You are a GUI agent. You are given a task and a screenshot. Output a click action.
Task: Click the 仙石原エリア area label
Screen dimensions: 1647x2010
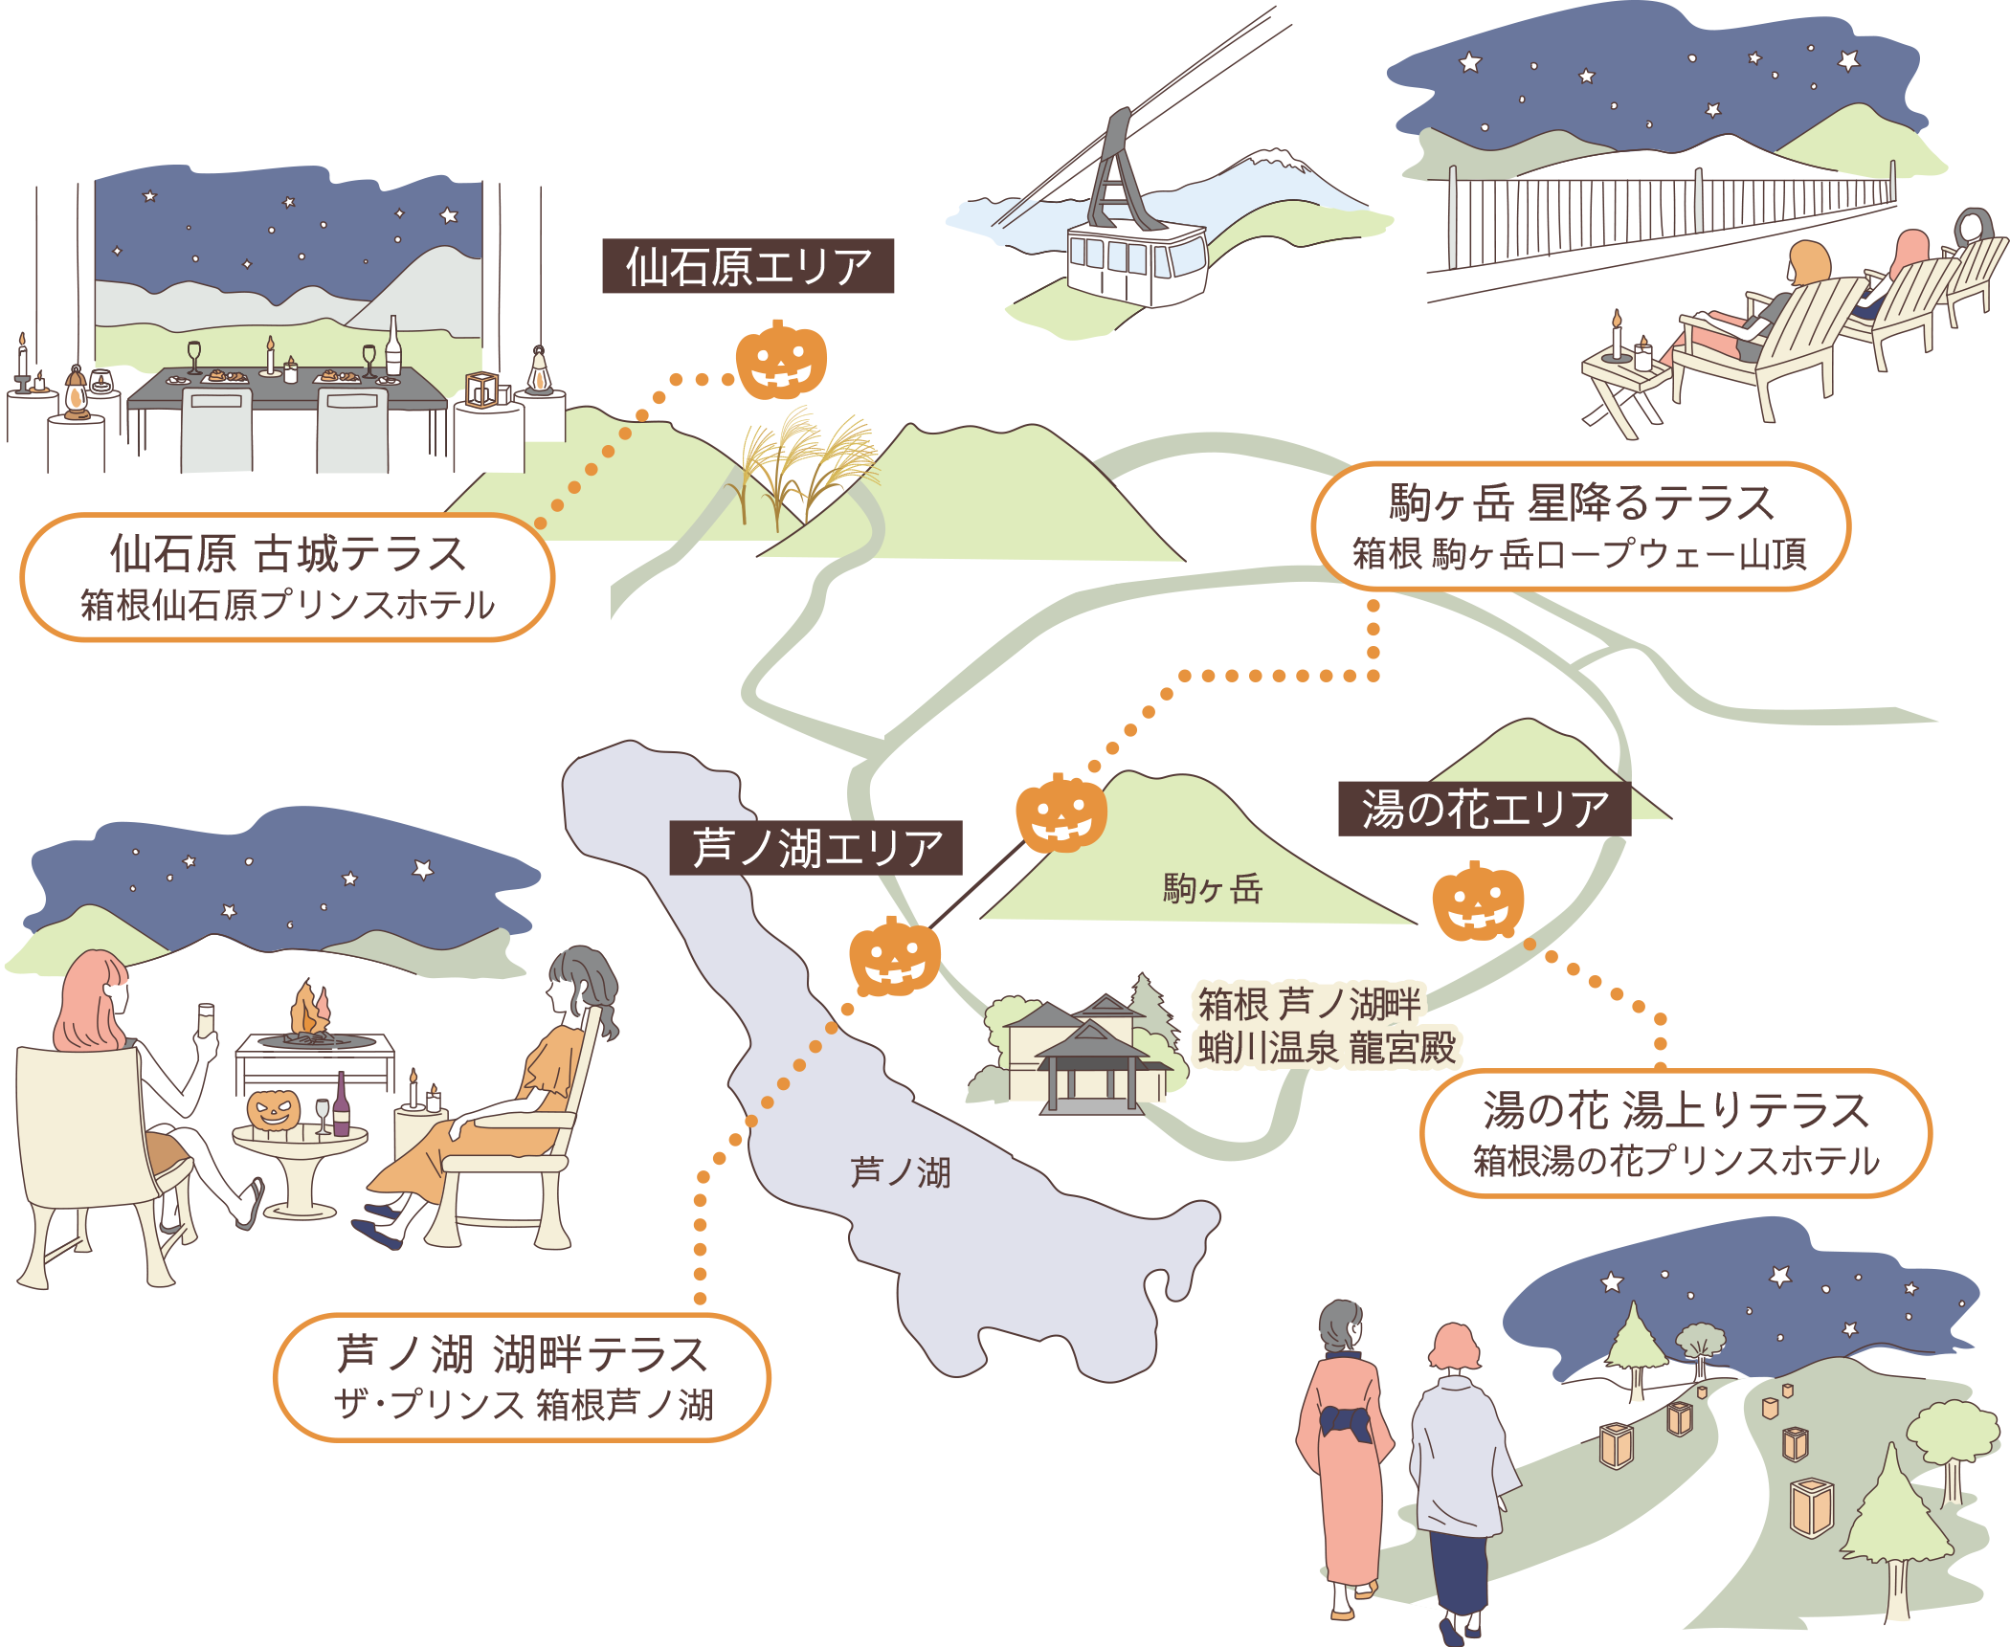[x=748, y=266]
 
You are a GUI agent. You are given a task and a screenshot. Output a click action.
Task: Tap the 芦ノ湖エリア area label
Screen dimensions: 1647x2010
[x=815, y=848]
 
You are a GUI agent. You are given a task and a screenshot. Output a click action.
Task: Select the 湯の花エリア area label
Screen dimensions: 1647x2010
[x=1484, y=810]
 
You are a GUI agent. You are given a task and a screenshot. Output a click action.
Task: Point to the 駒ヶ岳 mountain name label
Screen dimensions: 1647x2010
[x=1212, y=889]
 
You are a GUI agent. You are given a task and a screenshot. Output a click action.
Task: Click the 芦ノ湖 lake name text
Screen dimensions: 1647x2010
[x=901, y=1172]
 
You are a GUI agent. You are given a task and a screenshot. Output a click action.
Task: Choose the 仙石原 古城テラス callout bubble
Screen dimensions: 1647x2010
[x=287, y=577]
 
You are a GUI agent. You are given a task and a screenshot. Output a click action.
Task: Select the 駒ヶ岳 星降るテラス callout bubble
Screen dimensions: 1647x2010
[x=1580, y=527]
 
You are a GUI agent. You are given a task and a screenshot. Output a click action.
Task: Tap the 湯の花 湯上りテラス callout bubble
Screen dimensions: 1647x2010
[x=1675, y=1133]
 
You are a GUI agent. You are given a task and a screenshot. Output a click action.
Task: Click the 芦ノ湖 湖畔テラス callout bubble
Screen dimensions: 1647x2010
[x=523, y=1377]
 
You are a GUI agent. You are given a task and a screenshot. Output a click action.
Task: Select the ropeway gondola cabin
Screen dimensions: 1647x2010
[x=1136, y=261]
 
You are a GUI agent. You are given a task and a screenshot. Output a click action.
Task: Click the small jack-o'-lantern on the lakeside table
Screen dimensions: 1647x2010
[x=274, y=1110]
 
